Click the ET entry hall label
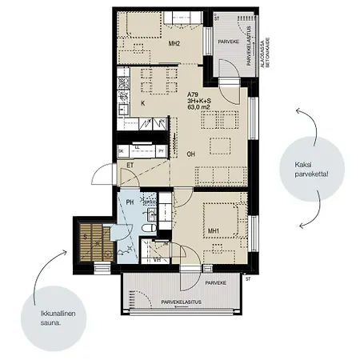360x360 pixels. click(x=130, y=166)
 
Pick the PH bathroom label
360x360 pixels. click(x=130, y=202)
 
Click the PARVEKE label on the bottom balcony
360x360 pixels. click(x=217, y=283)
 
